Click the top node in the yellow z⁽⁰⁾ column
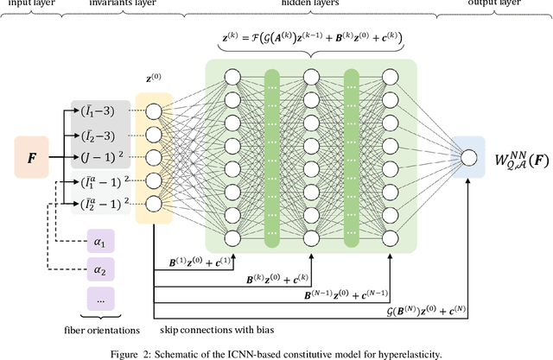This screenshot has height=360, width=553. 154,111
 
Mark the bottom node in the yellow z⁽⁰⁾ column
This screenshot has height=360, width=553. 154,204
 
